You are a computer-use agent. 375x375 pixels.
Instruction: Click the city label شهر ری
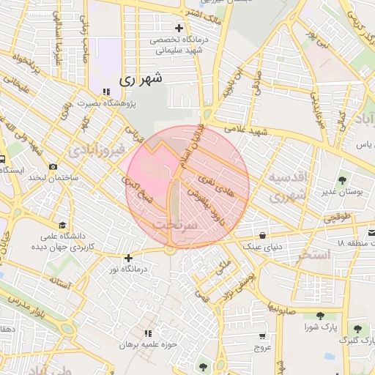(x=139, y=78)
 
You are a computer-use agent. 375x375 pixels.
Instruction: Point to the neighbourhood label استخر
(x=315, y=254)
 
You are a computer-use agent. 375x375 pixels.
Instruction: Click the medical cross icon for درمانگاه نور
(x=129, y=259)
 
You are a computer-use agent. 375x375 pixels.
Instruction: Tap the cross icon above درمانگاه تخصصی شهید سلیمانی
(x=178, y=28)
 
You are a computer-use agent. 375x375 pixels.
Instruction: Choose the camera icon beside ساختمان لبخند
(x=53, y=167)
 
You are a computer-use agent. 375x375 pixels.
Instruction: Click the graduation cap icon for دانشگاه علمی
(x=63, y=225)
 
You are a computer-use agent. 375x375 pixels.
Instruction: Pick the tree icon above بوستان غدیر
(x=342, y=179)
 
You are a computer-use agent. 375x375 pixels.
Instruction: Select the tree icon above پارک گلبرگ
(x=358, y=330)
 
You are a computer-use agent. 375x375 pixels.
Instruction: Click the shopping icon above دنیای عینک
(x=262, y=235)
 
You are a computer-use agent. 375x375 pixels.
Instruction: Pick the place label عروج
(x=262, y=347)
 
